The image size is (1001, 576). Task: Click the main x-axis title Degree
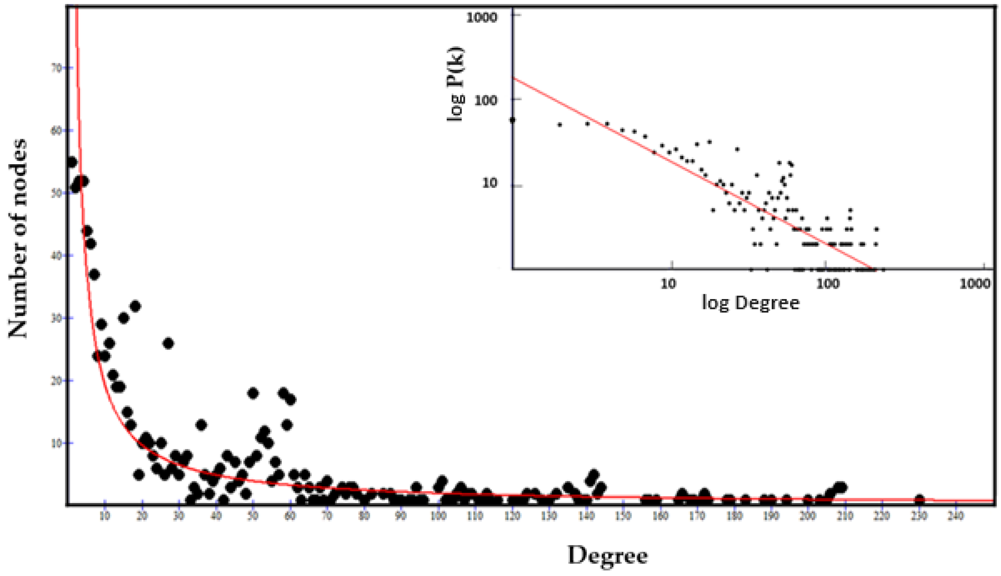(608, 555)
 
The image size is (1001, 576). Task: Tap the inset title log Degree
(750, 303)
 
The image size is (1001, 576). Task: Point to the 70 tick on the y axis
(57, 68)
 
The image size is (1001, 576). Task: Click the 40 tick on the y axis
(57, 255)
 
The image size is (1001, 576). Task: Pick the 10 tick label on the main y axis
(57, 443)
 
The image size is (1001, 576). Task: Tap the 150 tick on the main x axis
(623, 516)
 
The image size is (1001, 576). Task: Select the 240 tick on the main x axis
(956, 516)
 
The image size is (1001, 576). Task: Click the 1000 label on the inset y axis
(481, 18)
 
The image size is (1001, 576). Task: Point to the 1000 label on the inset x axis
(975, 284)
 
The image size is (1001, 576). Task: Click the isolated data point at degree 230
(919, 499)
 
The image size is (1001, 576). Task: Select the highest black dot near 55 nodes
(71, 162)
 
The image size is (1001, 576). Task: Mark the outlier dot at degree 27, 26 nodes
(168, 343)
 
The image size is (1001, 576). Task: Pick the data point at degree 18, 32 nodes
(135, 306)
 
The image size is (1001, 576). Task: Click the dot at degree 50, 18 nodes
(252, 393)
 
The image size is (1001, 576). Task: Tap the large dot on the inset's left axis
(513, 120)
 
